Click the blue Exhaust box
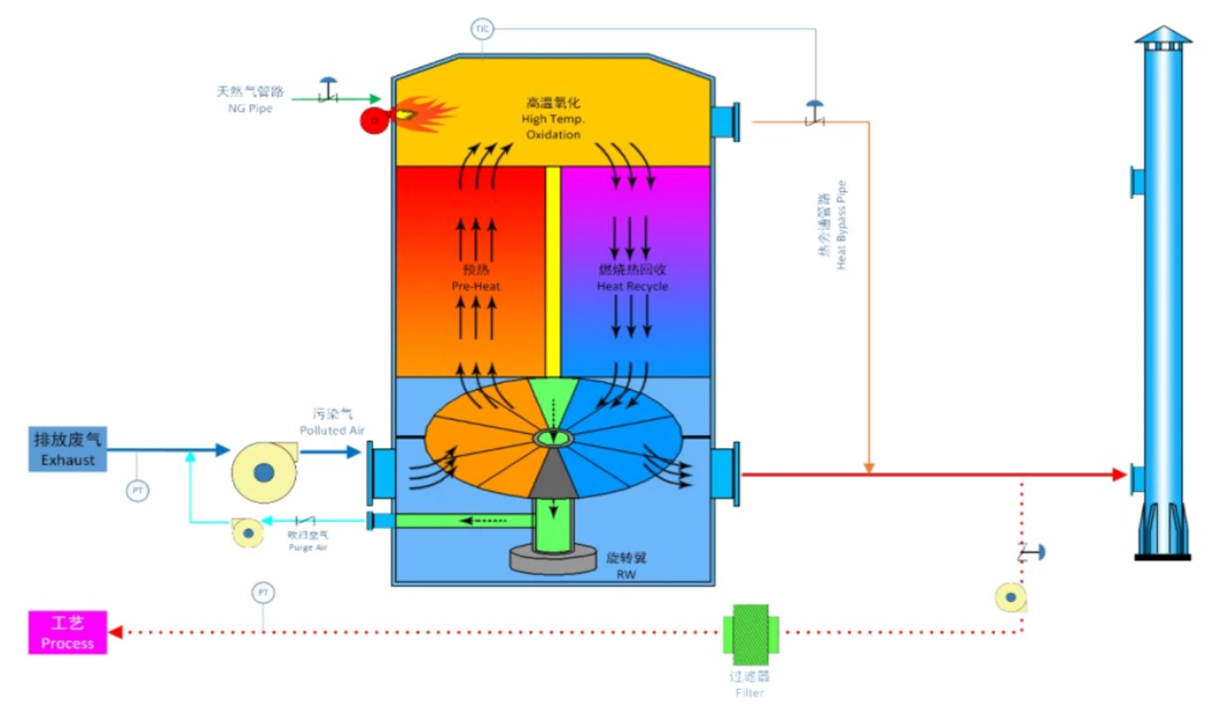[67, 449]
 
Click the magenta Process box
[67, 632]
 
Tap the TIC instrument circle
[482, 29]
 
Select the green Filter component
[750, 634]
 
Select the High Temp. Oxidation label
[553, 119]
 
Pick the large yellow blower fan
[264, 472]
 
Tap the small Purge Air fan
[248, 532]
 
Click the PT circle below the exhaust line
[137, 491]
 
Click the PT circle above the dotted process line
[263, 592]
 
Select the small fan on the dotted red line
[1010, 597]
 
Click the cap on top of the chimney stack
[1163, 37]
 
